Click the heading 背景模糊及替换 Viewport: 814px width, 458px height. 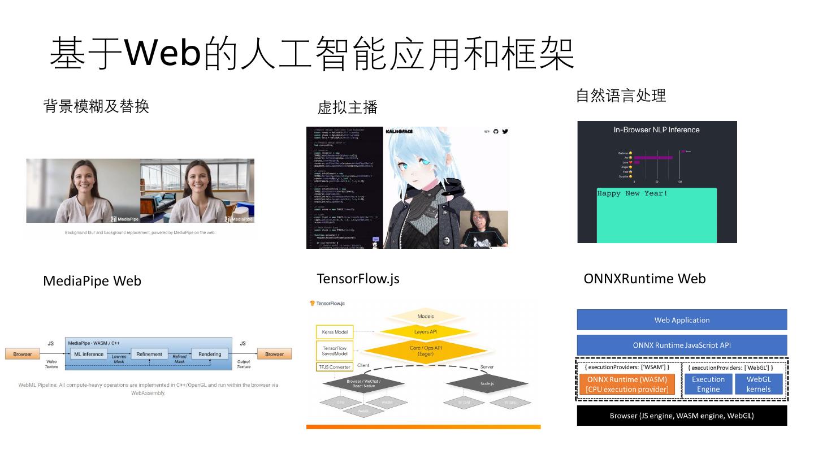click(96, 106)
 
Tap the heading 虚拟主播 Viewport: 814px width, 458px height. click(348, 107)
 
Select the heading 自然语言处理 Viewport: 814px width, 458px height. click(621, 96)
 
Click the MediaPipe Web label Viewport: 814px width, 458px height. click(92, 281)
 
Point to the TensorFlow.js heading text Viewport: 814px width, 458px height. click(358, 278)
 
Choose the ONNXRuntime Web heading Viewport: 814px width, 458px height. click(644, 278)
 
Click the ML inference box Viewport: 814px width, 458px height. click(89, 354)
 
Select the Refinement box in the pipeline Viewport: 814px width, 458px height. click(149, 354)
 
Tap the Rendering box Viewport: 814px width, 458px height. click(210, 354)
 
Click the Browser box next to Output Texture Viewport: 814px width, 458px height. click(275, 354)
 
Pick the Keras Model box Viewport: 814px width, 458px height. click(335, 332)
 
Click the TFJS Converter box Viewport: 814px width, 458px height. click(334, 367)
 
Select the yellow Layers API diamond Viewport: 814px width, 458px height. click(426, 332)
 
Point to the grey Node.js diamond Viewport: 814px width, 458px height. click(487, 383)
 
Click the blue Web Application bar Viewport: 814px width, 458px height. click(682, 320)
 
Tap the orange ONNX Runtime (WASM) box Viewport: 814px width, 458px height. click(627, 384)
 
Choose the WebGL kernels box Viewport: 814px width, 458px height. click(759, 384)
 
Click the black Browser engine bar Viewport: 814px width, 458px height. click(682, 416)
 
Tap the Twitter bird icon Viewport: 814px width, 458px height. click(505, 131)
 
